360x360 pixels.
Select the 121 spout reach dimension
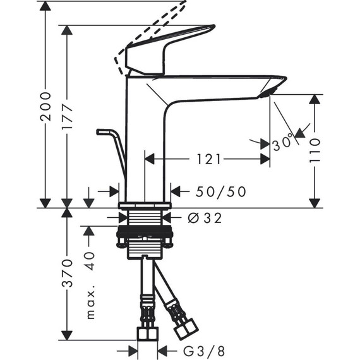click(208, 160)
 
